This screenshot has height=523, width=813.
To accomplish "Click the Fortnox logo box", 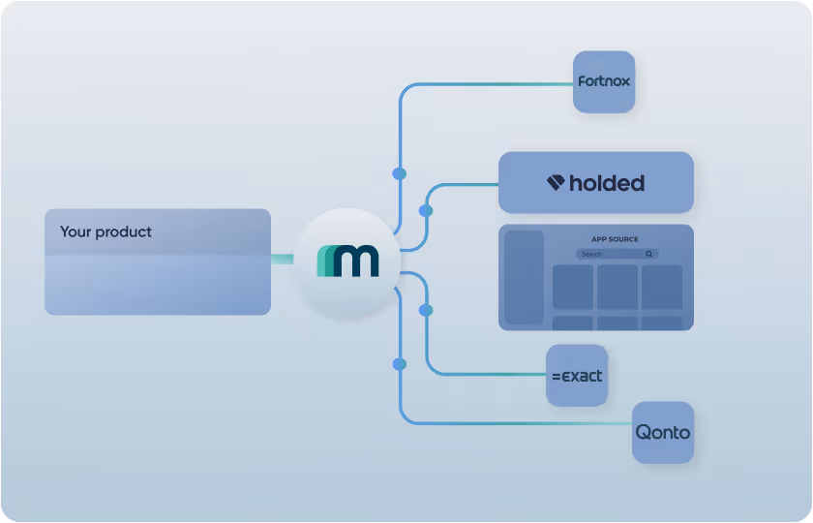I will (x=604, y=82).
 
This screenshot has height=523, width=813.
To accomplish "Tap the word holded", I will (x=607, y=183).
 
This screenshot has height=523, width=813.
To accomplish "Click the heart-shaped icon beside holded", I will (x=556, y=182).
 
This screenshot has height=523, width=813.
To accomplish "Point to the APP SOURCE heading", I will (x=615, y=239).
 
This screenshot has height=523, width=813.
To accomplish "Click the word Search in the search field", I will (x=591, y=254).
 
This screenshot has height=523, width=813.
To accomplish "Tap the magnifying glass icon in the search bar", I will (x=649, y=254).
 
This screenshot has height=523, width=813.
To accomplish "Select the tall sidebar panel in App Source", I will (x=524, y=277).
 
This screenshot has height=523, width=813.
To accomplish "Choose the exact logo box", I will (x=577, y=375).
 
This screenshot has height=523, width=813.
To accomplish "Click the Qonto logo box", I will (x=663, y=432).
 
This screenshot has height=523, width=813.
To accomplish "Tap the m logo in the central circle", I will (x=347, y=261).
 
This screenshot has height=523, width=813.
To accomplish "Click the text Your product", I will (x=105, y=232).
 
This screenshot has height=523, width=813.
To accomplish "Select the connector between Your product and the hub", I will (x=282, y=259).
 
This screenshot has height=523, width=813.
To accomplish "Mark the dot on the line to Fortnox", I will (x=400, y=173).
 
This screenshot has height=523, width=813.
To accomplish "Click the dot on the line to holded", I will (x=426, y=210).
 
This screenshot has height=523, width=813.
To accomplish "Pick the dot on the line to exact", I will (x=426, y=310).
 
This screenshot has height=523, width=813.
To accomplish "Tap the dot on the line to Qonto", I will (x=400, y=364).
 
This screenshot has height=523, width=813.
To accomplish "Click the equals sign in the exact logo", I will (x=557, y=376).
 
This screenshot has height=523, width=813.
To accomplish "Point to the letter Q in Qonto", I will (x=643, y=432).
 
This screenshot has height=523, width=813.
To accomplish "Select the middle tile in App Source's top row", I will (x=617, y=287).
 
